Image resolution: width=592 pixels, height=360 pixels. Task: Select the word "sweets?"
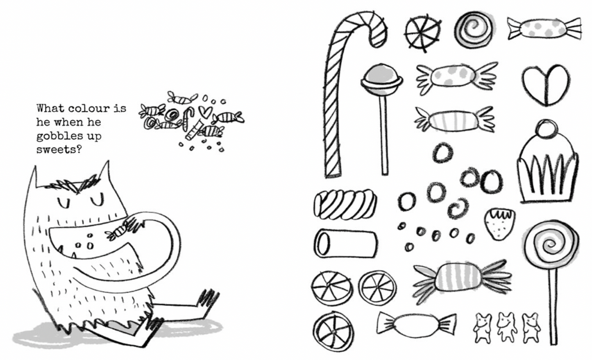coord(59,150)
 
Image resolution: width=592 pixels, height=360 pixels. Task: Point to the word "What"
coord(50,108)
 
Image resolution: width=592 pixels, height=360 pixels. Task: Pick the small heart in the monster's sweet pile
coord(205,112)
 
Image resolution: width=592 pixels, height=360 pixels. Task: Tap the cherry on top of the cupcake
coord(547,129)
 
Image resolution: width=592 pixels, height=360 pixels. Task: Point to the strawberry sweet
coord(499,224)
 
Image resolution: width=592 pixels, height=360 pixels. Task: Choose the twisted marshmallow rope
coord(345,205)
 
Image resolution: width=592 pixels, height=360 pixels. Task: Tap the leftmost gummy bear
coord(483,328)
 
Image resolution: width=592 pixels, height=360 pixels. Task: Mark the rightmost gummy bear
coord(531,328)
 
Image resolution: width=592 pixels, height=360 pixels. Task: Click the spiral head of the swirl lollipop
coord(551,244)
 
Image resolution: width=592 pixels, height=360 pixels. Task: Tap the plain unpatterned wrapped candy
coord(417,325)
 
